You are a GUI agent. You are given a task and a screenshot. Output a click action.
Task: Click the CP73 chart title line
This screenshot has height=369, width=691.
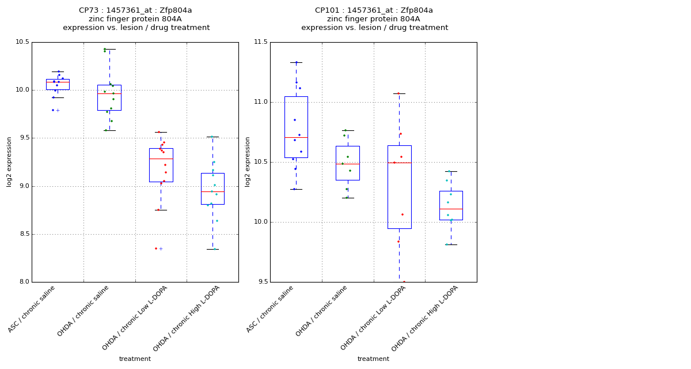pos(135,10)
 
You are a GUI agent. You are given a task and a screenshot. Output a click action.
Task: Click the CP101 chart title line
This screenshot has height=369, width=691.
pos(374,10)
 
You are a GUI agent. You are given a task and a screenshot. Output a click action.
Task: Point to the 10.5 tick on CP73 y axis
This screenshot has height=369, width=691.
pos(22,42)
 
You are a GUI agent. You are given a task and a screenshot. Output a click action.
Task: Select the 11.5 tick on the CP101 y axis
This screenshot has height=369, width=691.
pos(261,42)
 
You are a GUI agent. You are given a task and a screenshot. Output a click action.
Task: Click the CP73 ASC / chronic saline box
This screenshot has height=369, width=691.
pos(58,84)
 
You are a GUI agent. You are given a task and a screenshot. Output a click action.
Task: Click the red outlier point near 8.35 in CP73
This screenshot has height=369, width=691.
pos(155,248)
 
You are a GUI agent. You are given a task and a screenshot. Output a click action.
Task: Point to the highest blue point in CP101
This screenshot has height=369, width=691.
pos(297,62)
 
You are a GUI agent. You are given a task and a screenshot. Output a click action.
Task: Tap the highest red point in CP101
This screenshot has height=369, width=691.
pos(398,93)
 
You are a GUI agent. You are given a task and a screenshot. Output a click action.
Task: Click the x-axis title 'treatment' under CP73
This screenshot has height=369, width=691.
pos(135,359)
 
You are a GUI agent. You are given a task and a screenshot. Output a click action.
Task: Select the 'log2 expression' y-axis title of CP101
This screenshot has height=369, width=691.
pos(248,161)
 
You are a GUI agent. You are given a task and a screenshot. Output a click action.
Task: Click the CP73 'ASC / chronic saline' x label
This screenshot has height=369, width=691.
pos(32,308)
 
